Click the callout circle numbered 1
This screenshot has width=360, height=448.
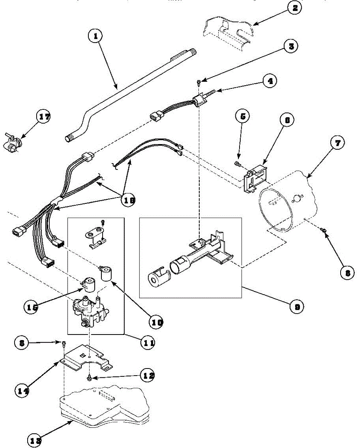(x=96, y=36)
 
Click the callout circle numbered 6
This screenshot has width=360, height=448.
(x=287, y=120)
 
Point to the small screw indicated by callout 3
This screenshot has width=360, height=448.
(x=198, y=81)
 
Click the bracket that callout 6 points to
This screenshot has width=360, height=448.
(x=256, y=176)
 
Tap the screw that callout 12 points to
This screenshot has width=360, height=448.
(x=91, y=378)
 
